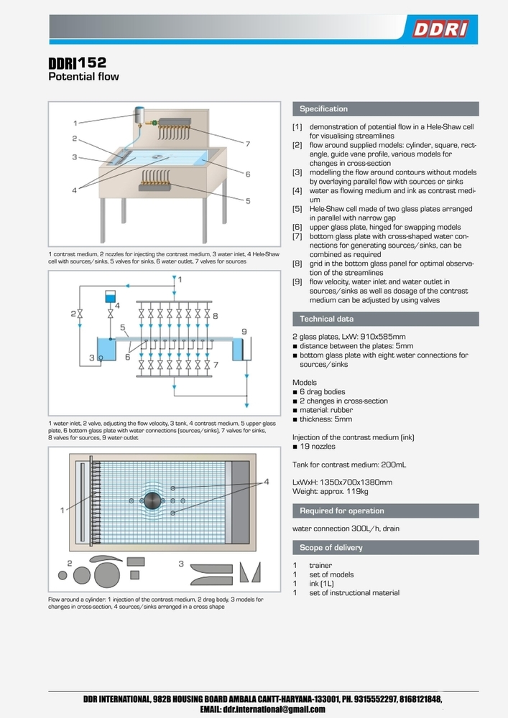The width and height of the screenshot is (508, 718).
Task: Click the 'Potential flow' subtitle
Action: [x=83, y=76]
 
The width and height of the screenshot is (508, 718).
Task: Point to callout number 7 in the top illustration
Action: [x=247, y=144]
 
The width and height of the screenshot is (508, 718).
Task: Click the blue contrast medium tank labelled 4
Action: [x=109, y=296]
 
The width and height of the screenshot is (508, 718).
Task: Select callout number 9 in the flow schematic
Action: [x=244, y=331]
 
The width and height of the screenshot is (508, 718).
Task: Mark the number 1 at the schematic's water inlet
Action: [x=180, y=278]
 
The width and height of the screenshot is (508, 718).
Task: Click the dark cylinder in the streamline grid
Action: [x=152, y=500]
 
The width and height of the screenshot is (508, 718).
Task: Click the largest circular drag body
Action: [x=107, y=575]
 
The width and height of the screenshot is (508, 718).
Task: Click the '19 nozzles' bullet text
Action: [x=317, y=447]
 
